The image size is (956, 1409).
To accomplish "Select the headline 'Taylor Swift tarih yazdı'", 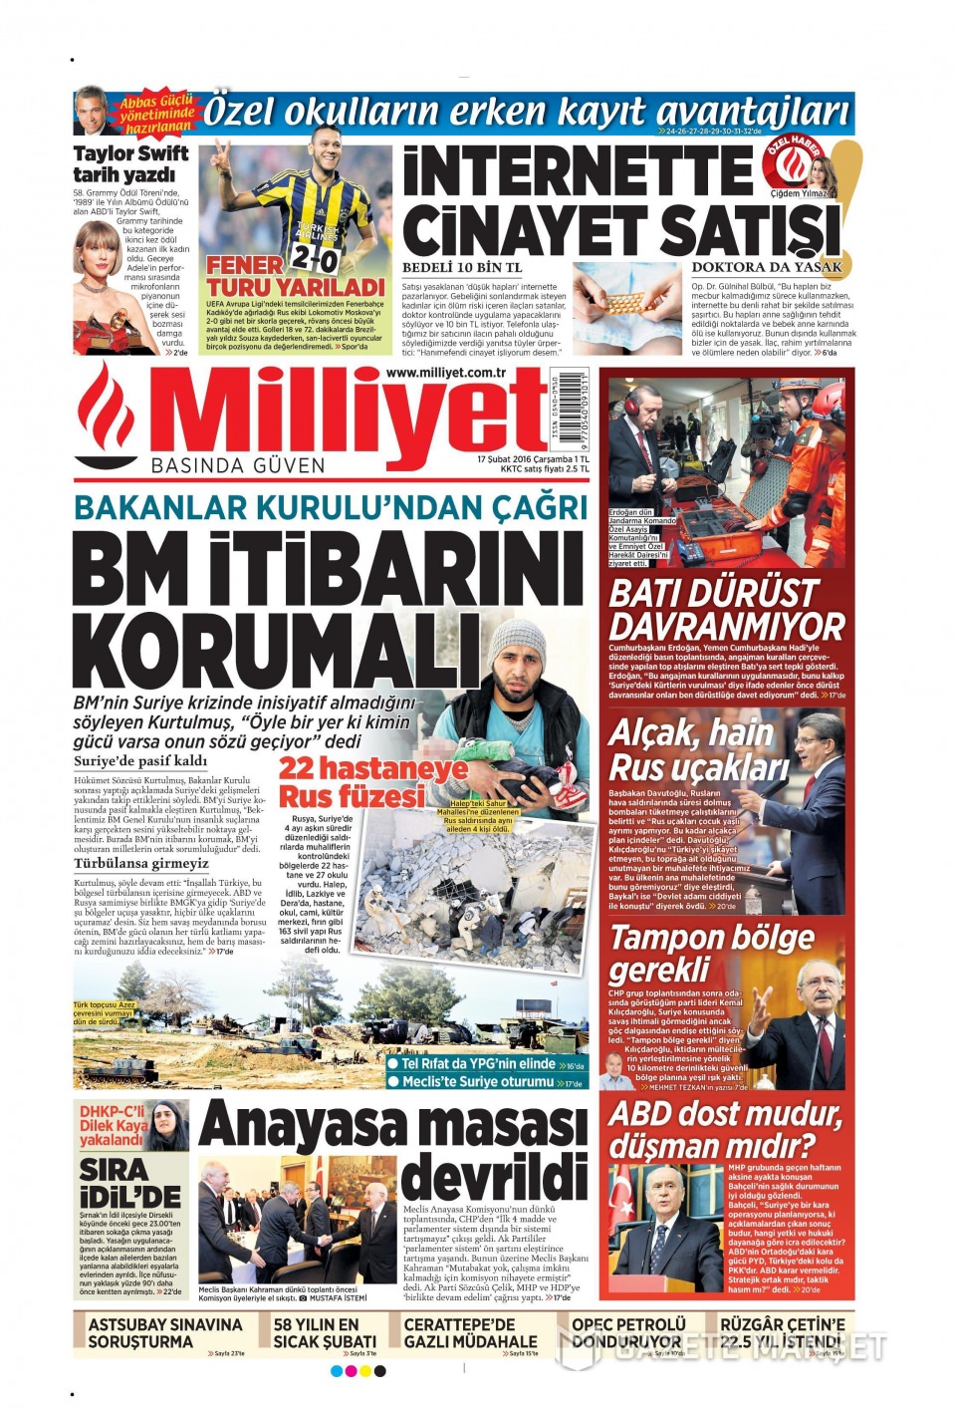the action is click(129, 163).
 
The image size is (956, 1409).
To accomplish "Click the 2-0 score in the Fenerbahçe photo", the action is click(316, 257).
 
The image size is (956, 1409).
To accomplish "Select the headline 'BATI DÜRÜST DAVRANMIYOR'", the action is click(726, 610).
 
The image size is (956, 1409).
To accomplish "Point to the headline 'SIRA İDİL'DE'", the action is click(129, 1183).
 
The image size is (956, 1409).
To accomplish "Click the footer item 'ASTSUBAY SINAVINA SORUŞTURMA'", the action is click(165, 1332).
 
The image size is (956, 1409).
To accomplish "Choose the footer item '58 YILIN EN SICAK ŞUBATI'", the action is click(325, 1332).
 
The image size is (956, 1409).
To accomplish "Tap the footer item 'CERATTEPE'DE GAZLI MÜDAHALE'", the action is click(470, 1332).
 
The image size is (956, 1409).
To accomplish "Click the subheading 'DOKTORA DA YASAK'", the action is click(767, 267).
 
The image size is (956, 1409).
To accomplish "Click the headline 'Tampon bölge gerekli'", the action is click(711, 953).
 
